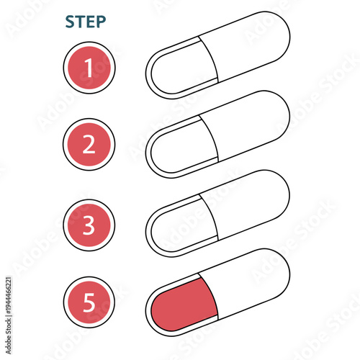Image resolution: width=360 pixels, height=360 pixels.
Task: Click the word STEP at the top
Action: point(85,22)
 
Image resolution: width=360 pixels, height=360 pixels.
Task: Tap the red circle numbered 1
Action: point(89,68)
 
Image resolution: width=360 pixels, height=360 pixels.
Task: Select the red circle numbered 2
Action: point(89,145)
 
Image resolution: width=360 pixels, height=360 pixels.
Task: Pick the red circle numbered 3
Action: point(89,225)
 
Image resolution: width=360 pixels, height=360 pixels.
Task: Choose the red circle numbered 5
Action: point(89,303)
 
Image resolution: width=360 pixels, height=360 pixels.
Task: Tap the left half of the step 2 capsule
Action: point(180,148)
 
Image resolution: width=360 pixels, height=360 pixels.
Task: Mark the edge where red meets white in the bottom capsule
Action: point(209,295)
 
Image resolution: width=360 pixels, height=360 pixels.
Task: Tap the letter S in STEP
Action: point(70,22)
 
